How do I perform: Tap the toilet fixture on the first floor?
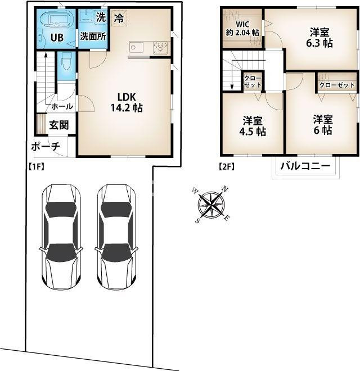(x=65, y=61)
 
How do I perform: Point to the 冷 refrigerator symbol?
(x=119, y=18)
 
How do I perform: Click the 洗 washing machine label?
(x=101, y=17)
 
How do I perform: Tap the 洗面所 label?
(x=93, y=36)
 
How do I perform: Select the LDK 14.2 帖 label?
(x=127, y=102)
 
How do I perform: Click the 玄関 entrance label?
(x=59, y=125)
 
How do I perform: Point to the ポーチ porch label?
(x=46, y=147)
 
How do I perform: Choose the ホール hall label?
(x=62, y=106)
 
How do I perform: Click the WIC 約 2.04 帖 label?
(x=242, y=29)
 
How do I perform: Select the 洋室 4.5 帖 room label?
(x=252, y=126)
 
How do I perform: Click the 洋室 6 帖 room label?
(x=323, y=125)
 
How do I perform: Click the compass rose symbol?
(x=210, y=204)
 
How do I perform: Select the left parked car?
(x=61, y=237)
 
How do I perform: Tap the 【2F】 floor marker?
(x=227, y=167)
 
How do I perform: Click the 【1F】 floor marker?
(x=36, y=167)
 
